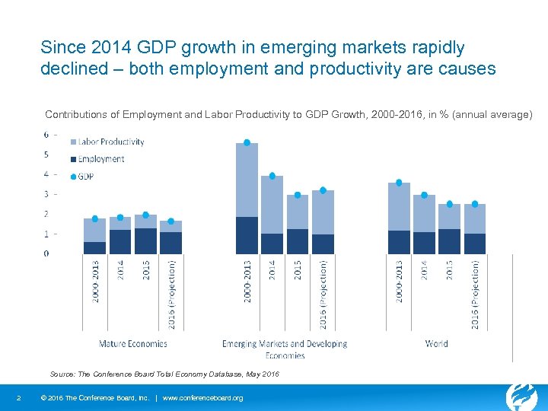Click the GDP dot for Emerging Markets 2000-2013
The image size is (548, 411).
point(247,142)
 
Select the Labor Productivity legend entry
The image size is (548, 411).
point(110,142)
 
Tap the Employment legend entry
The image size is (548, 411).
point(100,159)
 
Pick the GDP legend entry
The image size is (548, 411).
point(85,176)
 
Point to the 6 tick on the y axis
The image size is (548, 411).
point(46,135)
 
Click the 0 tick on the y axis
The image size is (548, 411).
point(46,253)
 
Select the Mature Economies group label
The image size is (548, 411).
point(132,344)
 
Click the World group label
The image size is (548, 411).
point(437,344)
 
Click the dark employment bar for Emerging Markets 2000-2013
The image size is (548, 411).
point(247,235)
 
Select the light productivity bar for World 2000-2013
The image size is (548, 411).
point(399,206)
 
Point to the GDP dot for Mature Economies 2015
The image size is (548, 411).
point(145,215)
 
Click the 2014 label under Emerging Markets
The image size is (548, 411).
point(272,271)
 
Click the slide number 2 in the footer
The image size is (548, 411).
point(18,398)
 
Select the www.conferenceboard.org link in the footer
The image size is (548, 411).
point(203,398)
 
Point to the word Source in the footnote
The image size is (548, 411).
point(62,374)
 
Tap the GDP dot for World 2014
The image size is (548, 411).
point(424,195)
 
